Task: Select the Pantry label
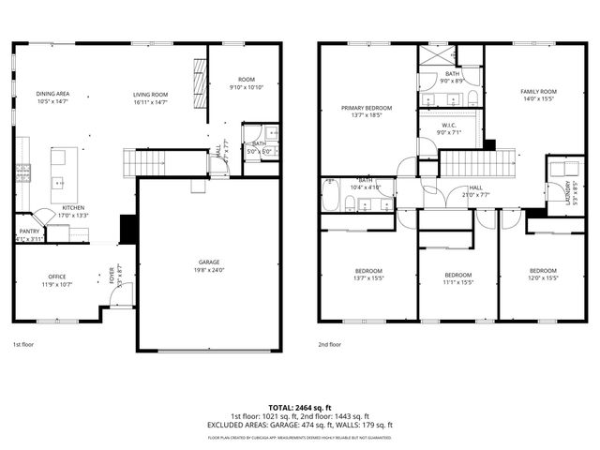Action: point(29,234)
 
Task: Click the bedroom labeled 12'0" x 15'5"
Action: point(543,274)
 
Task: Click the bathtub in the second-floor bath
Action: point(330,197)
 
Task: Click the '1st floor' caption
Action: point(24,345)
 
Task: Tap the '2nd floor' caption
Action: point(329,345)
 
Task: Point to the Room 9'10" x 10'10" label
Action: point(247,83)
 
